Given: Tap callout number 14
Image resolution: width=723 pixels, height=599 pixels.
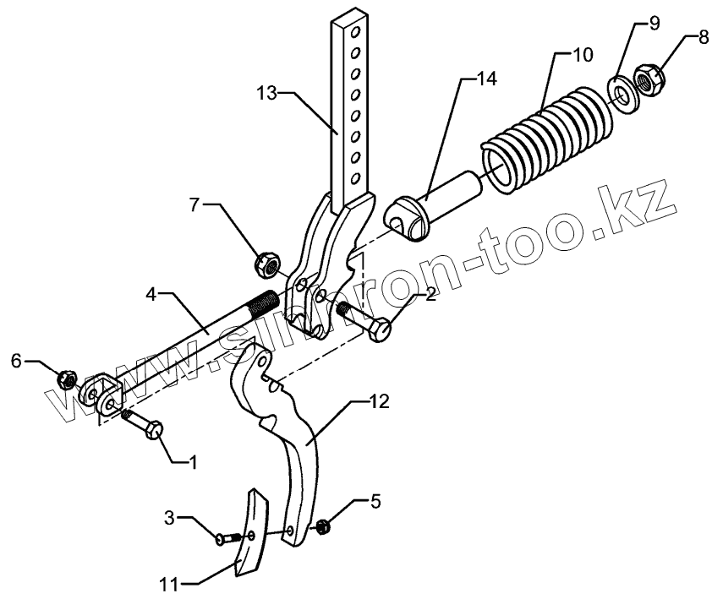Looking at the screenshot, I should click(485, 79).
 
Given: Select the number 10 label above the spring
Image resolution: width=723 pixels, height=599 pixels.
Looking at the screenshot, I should click(583, 57).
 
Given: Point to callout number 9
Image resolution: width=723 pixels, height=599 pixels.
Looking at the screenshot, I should click(653, 24).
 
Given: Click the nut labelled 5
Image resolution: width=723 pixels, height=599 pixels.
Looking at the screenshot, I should click(321, 528).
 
